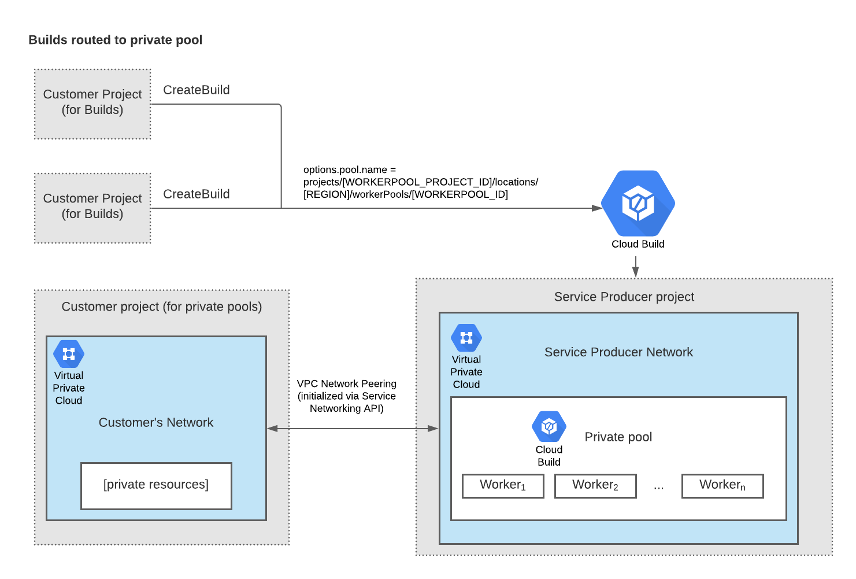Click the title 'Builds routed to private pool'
[115, 40]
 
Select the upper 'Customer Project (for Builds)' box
[92, 104]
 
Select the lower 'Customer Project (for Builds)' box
[92, 208]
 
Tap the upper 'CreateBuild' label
[196, 90]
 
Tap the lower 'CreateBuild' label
[196, 194]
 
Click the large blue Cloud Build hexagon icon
[638, 203]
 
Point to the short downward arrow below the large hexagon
[635, 267]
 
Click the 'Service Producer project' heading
[624, 297]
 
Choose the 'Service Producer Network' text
[618, 352]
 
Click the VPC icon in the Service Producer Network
[466, 338]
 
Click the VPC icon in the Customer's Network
[69, 354]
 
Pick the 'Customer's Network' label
[155, 422]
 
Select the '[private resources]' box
[156, 485]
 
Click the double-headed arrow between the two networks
[353, 429]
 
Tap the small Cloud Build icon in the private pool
[549, 426]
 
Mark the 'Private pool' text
[618, 437]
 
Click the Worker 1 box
[503, 485]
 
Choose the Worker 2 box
[595, 485]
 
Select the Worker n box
[722, 485]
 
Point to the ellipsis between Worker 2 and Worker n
[659, 488]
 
